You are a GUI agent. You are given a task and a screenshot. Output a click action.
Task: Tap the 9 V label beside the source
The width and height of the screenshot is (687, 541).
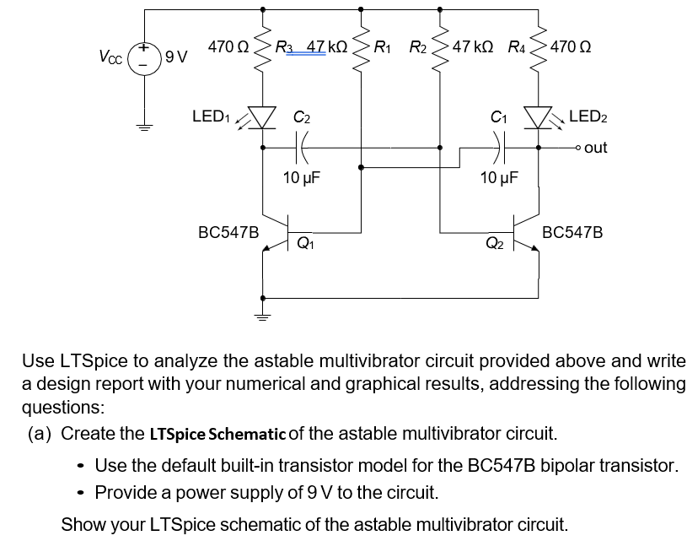[176, 57]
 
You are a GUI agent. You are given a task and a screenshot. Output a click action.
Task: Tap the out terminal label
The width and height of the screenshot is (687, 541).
[595, 147]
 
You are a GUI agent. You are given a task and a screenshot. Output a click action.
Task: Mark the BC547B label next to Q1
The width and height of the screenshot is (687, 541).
[228, 230]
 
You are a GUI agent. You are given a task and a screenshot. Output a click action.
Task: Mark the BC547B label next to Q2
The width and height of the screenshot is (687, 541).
[572, 230]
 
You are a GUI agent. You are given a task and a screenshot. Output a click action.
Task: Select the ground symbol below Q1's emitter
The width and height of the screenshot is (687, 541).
[262, 317]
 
